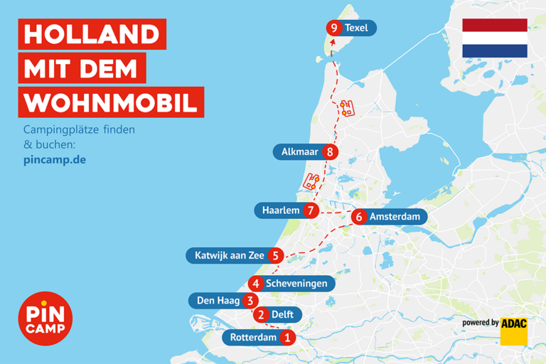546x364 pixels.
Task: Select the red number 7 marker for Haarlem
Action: pyautogui.click(x=310, y=210)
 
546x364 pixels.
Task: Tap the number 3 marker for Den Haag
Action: pyautogui.click(x=249, y=301)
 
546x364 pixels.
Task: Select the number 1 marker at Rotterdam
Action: pyautogui.click(x=287, y=338)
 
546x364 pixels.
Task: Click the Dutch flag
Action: pyautogui.click(x=494, y=38)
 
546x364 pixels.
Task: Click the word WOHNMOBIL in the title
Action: pyautogui.click(x=109, y=102)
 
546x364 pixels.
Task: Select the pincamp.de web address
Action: pyautogui.click(x=55, y=159)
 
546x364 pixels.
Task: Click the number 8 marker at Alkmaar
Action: pyautogui.click(x=328, y=151)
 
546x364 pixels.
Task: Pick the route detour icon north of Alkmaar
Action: pyautogui.click(x=346, y=109)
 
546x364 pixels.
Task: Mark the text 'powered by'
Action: pyautogui.click(x=480, y=323)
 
